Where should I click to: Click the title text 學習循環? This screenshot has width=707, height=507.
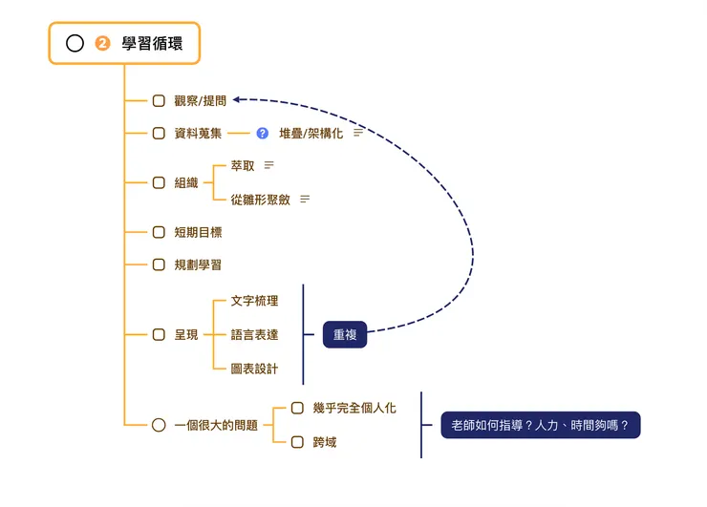[x=152, y=43]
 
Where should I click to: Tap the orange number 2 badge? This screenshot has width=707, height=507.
[x=103, y=43]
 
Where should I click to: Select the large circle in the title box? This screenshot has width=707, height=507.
[x=75, y=43]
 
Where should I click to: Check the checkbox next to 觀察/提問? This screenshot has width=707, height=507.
[x=159, y=100]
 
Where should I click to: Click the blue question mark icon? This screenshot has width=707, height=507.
[x=263, y=133]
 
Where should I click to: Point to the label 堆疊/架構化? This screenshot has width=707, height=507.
[x=311, y=133]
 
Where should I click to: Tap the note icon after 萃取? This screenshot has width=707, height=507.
[x=269, y=165]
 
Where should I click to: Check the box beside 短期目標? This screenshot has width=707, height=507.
[x=159, y=232]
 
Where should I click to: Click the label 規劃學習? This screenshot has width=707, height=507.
[x=198, y=264]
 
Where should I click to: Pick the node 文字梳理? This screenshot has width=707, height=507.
[x=255, y=301]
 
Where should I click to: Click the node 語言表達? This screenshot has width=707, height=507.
[x=255, y=335]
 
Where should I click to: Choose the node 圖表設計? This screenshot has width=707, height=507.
[x=255, y=369]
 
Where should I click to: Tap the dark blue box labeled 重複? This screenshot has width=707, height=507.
[x=345, y=334]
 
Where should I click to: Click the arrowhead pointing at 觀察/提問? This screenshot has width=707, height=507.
[x=238, y=98]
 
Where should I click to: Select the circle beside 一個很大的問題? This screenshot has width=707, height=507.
[x=159, y=425]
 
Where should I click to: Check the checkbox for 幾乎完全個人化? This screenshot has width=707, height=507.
[x=297, y=408]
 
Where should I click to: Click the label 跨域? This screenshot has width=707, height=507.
[x=324, y=442]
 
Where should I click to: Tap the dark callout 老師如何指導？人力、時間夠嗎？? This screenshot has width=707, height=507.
[x=540, y=425]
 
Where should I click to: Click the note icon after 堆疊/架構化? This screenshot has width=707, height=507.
[x=358, y=133]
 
